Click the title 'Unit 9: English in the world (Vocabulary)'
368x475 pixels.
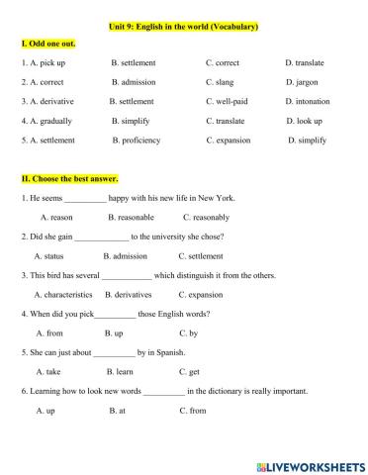[x=183, y=26]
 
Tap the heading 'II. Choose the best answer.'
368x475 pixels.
[x=69, y=179]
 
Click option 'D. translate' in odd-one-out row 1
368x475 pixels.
[x=305, y=63]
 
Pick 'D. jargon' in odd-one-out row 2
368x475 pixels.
[x=304, y=82]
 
